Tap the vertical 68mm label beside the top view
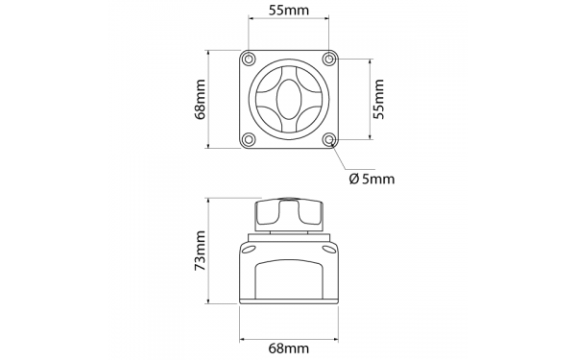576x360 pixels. point(201,99)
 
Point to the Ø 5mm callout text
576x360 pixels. point(372,178)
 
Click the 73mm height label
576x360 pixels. point(201,252)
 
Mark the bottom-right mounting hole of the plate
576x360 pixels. point(329,140)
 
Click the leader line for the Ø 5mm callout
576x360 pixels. point(344,158)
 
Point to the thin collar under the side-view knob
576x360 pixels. point(288,233)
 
